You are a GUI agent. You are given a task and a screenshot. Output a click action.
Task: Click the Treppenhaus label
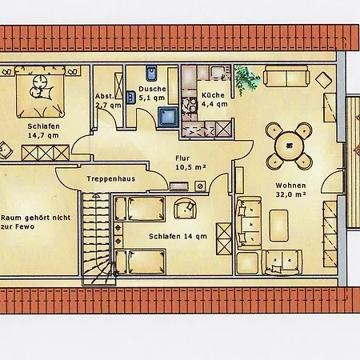click(x=110, y=178)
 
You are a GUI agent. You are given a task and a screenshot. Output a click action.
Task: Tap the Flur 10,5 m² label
click(x=190, y=162)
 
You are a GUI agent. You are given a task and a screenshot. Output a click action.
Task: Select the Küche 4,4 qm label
click(x=214, y=99)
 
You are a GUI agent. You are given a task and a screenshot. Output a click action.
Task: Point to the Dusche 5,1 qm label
click(x=152, y=94)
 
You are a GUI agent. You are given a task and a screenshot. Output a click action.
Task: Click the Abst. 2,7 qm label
click(x=108, y=101)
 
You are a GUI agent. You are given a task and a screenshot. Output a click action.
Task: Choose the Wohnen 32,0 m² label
click(x=290, y=190)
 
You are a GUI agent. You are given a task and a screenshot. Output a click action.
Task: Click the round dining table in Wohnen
click(x=290, y=146)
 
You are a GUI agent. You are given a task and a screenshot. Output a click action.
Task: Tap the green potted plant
click(x=246, y=78)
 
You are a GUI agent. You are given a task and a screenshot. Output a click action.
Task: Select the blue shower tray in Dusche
click(x=168, y=117)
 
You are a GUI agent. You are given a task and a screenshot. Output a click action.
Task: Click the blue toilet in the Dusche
click(x=152, y=74)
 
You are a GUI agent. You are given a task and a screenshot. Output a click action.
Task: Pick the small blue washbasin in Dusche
click(x=130, y=97)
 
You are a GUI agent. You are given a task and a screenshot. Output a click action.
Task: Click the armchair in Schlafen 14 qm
click(x=185, y=208)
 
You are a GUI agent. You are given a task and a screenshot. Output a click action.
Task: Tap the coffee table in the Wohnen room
click(x=279, y=226)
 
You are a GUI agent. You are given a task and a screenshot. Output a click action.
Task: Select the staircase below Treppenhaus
click(x=97, y=238)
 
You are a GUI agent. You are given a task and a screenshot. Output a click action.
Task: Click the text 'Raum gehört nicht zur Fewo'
click(x=36, y=222)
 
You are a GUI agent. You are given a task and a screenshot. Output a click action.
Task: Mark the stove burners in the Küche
click(x=189, y=106)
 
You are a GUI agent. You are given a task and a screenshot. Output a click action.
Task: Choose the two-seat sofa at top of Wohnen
click(x=286, y=76)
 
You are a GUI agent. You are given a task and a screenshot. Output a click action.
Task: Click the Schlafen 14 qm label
click(x=178, y=236)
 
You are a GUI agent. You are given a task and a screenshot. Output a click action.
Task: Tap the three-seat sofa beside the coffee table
click(x=249, y=223)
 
